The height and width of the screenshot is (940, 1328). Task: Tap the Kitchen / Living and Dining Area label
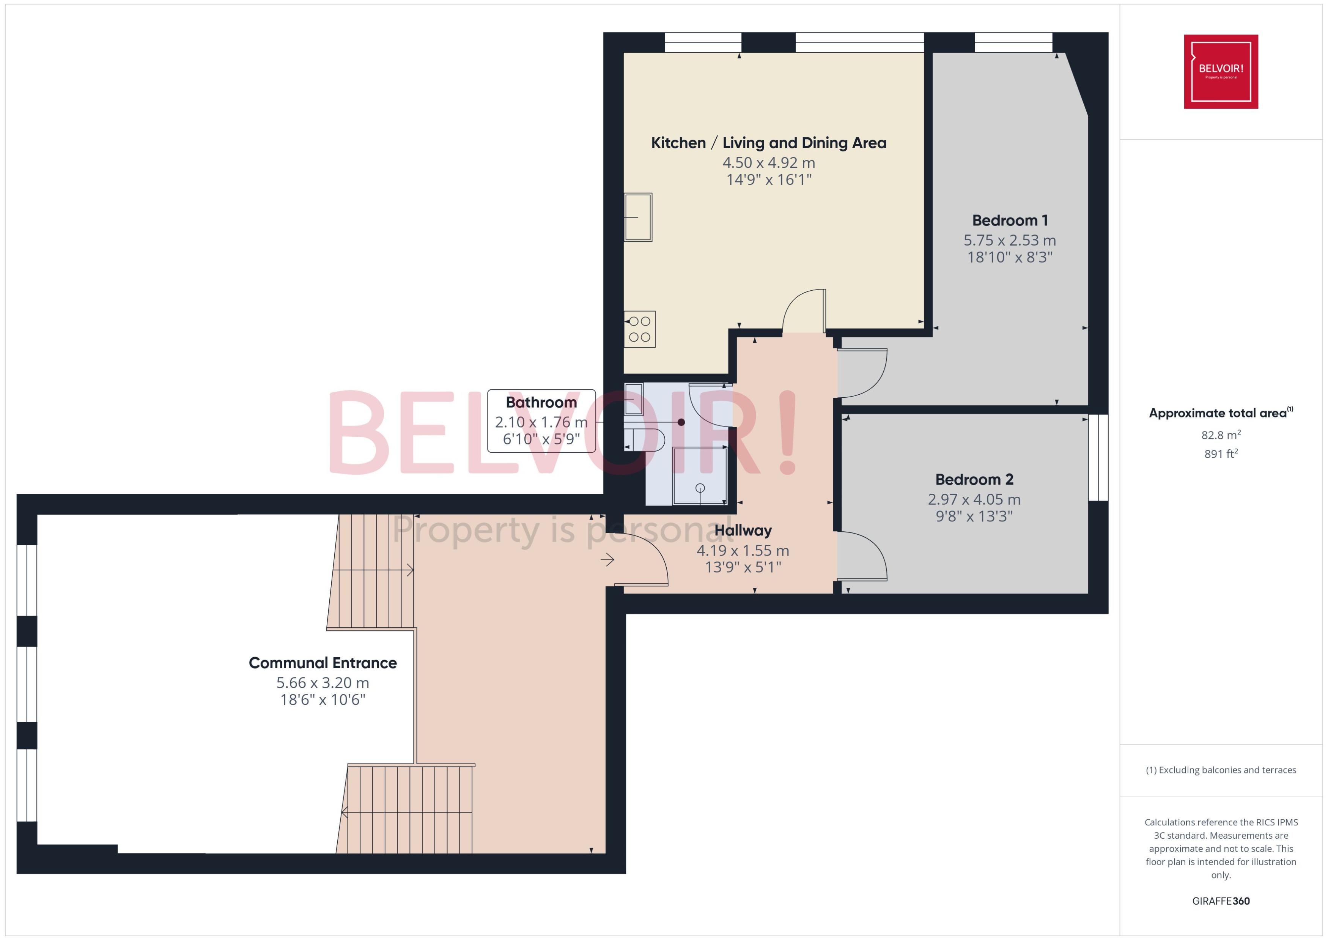pos(768,143)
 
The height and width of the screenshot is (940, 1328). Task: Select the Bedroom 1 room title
pos(1010,220)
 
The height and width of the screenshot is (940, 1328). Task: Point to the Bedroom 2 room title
pos(974,479)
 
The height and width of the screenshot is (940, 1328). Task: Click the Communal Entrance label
pos(322,663)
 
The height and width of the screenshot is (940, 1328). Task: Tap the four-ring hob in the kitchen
pos(639,329)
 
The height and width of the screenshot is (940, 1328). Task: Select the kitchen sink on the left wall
pos(638,217)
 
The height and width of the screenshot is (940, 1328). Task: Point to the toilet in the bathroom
pos(645,440)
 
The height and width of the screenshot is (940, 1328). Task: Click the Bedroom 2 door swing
pos(862,556)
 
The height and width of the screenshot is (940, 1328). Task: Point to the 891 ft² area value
pos(1220,454)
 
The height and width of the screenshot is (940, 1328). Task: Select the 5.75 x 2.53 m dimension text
pos(1009,240)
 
